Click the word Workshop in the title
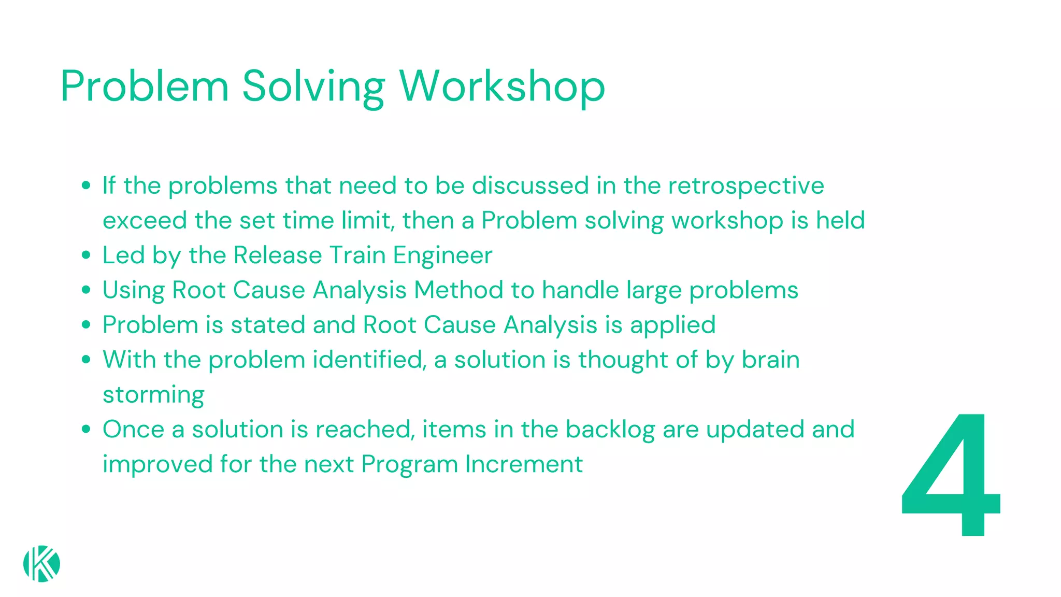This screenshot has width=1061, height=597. pos(501,86)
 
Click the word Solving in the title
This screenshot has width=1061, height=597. pos(313,86)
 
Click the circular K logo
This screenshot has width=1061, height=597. pos(41,564)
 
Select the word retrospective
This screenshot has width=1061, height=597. pos(745,186)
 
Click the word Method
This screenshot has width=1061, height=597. pos(458,290)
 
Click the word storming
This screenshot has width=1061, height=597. pos(153,395)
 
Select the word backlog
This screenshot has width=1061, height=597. pos(610,430)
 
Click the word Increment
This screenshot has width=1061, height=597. pos(524,464)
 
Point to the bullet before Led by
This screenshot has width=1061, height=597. pos(87,255)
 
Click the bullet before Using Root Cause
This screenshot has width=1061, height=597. pos(87,290)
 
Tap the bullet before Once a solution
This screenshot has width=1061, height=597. pos(87,430)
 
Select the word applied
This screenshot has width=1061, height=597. pos(672,325)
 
